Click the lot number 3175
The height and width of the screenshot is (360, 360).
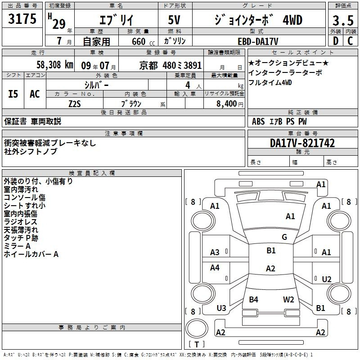pyautogui.click(x=22, y=19)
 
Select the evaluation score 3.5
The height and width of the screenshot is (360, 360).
pyautogui.click(x=342, y=20)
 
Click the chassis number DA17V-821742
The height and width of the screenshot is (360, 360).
pyautogui.click(x=302, y=144)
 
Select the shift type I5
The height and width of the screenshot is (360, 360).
pyautogui.click(x=13, y=94)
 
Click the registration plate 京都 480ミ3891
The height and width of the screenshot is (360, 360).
pyautogui.click(x=170, y=65)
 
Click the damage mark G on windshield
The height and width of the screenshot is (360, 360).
pyautogui.click(x=284, y=237)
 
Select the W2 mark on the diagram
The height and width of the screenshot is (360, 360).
pyautogui.click(x=288, y=299)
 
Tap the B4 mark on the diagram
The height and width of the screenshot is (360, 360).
pyautogui.click(x=253, y=299)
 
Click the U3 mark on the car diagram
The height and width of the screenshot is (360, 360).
pyautogui.click(x=221, y=308)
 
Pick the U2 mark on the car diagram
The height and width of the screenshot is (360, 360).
pyautogui.click(x=327, y=279)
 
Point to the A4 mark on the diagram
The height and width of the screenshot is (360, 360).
pyautogui.click(x=215, y=268)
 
